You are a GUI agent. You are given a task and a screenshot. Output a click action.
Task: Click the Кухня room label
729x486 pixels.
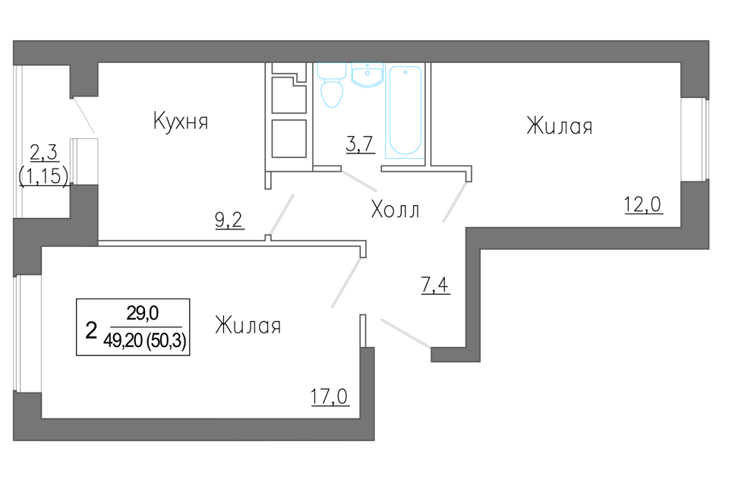tap(181, 122)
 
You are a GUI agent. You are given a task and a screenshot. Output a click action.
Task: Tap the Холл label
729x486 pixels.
tap(394, 209)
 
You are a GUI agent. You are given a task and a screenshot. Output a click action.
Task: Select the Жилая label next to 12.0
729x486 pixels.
tap(560, 127)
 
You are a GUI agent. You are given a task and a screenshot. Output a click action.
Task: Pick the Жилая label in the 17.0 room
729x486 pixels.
tap(248, 327)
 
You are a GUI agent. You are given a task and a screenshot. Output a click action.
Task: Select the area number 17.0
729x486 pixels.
tap(329, 396)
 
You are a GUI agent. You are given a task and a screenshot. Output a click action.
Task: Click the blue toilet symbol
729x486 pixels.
tap(332, 86)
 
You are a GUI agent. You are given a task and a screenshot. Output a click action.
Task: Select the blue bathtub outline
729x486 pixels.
tap(403, 111)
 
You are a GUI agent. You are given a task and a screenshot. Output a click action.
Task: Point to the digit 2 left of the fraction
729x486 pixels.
tap(91, 330)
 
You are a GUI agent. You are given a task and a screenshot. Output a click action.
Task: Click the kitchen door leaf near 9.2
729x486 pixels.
tap(280, 216)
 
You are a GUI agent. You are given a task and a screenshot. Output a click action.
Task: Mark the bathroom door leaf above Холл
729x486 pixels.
tap(346, 179)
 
